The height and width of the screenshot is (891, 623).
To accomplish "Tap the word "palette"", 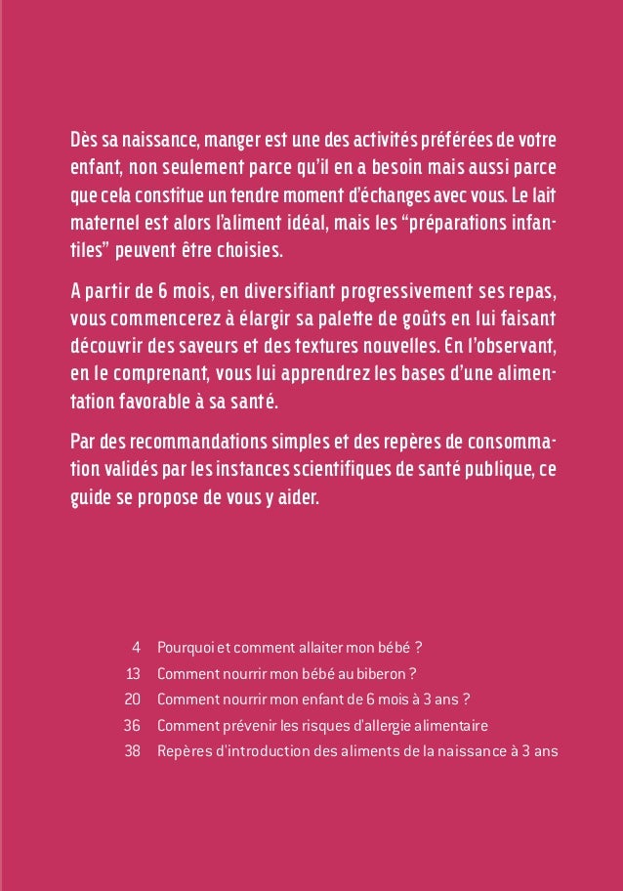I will click(x=302, y=319).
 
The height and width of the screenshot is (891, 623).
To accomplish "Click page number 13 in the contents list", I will click(x=135, y=673).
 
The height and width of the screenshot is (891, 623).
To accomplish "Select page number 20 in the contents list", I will click(x=134, y=700).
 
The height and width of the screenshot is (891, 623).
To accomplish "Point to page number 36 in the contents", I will click(x=134, y=726).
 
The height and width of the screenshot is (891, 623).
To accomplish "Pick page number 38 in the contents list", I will click(x=134, y=752).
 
